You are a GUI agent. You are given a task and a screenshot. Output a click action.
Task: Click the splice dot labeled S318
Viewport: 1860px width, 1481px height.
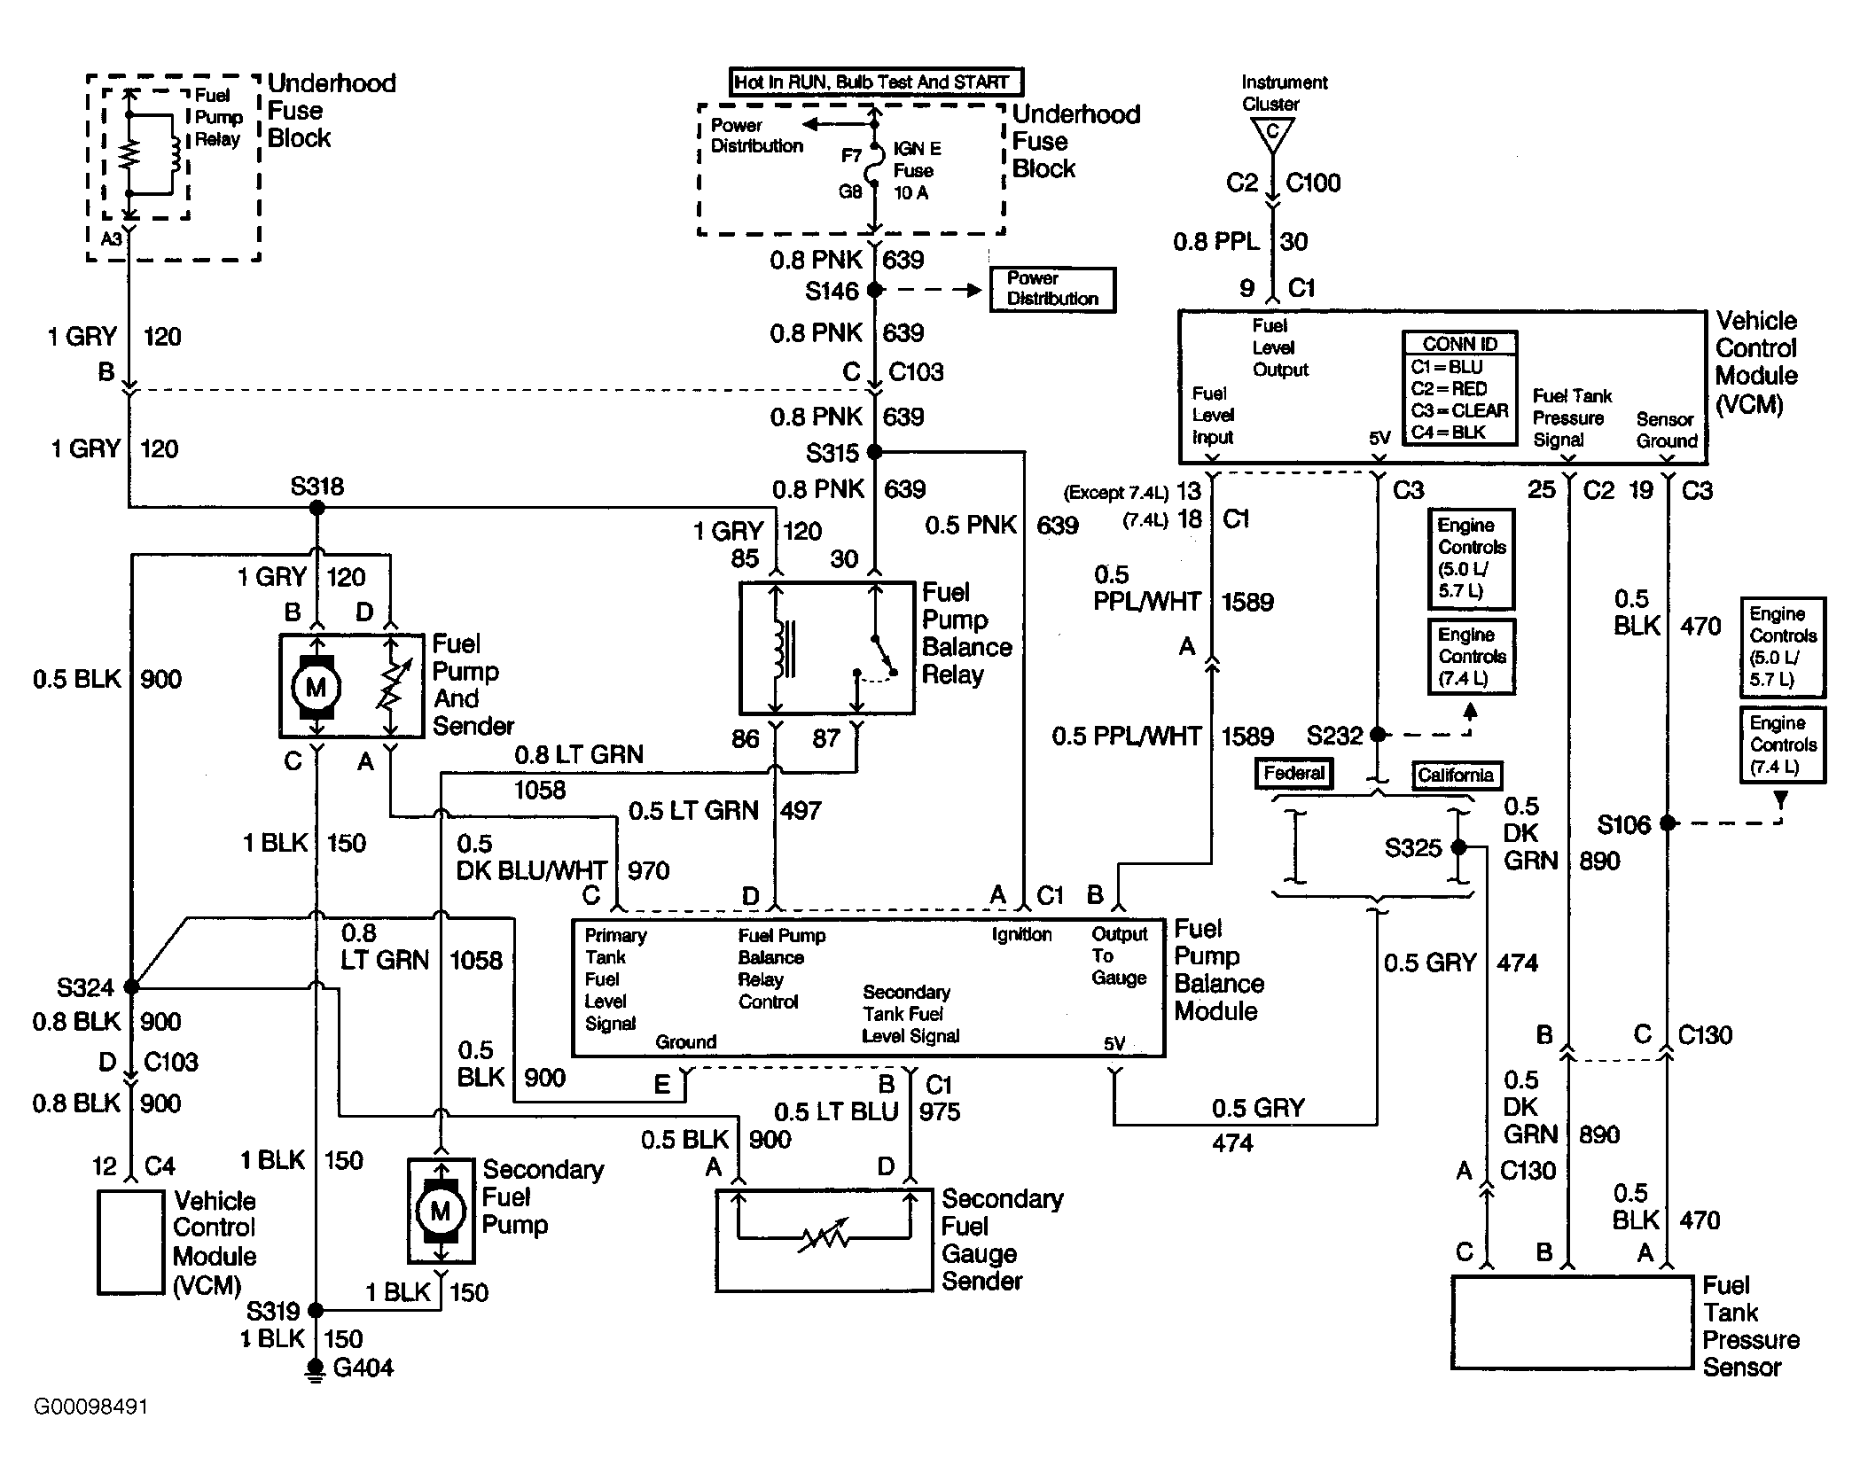tap(317, 508)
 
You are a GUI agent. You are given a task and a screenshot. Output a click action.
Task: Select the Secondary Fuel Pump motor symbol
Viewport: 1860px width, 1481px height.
tap(441, 1211)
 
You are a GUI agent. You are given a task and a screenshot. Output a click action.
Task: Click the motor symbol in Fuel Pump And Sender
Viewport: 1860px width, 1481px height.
tap(317, 686)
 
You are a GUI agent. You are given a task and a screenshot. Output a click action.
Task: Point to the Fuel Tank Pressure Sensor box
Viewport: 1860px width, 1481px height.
tap(1572, 1321)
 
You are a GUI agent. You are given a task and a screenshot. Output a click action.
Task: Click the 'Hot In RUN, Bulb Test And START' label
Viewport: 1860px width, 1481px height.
tap(874, 82)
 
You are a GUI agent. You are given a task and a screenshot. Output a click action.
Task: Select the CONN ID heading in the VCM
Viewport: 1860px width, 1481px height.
tap(1459, 344)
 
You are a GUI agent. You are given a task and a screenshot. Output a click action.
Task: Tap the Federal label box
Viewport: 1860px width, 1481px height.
tap(1294, 774)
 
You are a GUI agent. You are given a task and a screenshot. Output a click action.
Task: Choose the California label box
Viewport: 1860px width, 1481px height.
tap(1456, 776)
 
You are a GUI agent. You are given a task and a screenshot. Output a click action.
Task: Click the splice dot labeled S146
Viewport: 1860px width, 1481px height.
tap(874, 290)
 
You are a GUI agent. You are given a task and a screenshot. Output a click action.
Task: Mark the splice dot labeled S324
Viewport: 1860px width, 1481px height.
tap(131, 986)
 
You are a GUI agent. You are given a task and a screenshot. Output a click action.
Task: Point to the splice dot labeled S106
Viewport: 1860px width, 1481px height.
tap(1668, 823)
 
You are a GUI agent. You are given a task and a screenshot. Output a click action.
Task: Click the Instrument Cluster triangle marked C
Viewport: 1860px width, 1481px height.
tap(1272, 134)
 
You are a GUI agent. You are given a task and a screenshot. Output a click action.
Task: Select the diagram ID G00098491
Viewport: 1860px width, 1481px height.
tap(90, 1407)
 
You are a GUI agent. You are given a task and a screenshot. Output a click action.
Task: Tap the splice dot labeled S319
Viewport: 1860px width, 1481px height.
tap(316, 1310)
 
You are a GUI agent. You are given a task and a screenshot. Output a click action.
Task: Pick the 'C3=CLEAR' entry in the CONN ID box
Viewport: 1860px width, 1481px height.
tap(1460, 410)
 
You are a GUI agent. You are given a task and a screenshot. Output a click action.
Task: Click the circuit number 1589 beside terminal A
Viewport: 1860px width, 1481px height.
tap(1247, 603)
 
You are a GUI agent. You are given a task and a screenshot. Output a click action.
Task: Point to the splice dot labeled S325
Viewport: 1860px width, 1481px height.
tap(1459, 847)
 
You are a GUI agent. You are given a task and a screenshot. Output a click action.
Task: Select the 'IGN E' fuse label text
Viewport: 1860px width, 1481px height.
tap(918, 149)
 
